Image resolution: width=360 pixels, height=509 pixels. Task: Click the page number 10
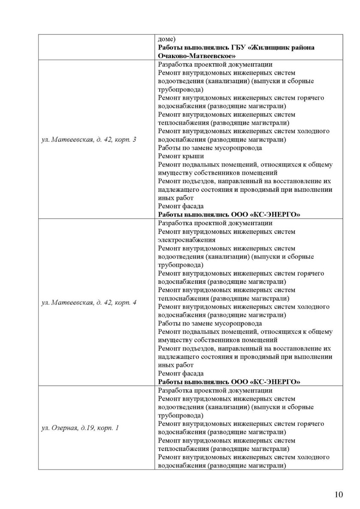pos(338,494)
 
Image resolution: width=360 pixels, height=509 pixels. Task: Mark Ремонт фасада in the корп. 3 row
pos(180,206)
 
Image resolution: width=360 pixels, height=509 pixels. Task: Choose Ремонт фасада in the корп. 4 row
pos(180,374)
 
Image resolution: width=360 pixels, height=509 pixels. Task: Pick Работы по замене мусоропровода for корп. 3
pos(210,148)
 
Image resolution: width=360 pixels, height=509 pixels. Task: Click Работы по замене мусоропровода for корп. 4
pos(210,324)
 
